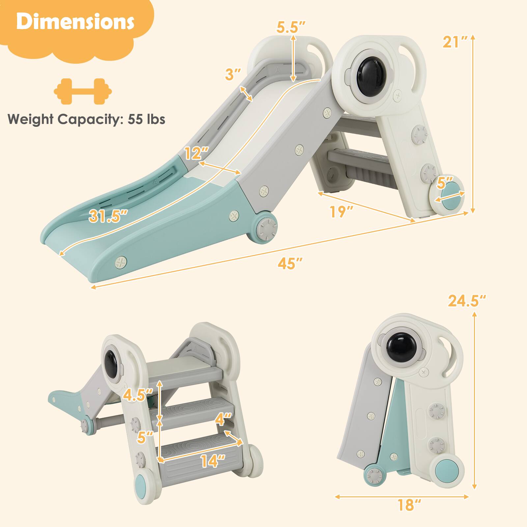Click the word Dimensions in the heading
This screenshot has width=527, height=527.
coord(75,22)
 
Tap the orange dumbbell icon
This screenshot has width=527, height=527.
coord(83,92)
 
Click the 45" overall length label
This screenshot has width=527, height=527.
coord(290,263)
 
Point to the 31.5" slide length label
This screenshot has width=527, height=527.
coord(108,217)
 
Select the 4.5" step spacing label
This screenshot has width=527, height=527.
coord(138,395)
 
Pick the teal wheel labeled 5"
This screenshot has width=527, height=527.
coord(449,198)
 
